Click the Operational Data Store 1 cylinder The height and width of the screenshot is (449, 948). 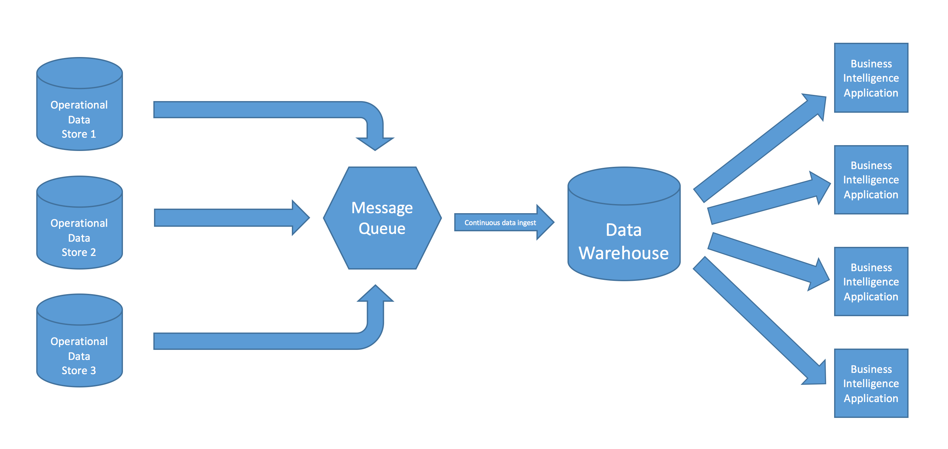(x=79, y=110)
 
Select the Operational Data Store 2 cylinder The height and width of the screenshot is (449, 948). (x=79, y=228)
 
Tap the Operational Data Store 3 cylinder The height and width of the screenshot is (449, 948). (x=79, y=346)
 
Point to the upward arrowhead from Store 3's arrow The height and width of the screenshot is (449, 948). (x=375, y=295)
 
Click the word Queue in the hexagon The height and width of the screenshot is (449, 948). (x=382, y=228)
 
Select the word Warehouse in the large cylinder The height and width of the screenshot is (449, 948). (x=623, y=253)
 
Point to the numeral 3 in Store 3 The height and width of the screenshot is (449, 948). (x=93, y=370)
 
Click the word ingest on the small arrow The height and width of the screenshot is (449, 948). (x=527, y=223)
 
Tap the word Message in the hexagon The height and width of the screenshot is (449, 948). (x=382, y=208)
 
